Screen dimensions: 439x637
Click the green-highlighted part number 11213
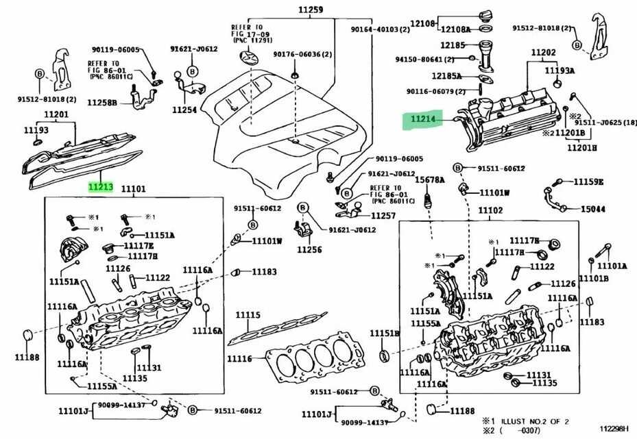tap(99, 186)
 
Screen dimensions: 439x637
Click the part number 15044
tap(593, 209)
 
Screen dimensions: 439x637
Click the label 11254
tap(184, 109)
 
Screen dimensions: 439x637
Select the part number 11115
tap(248, 315)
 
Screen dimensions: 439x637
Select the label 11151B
tap(385, 333)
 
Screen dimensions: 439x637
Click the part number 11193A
tap(560, 70)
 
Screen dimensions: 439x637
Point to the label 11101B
tap(593, 278)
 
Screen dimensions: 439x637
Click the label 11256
tap(309, 249)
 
